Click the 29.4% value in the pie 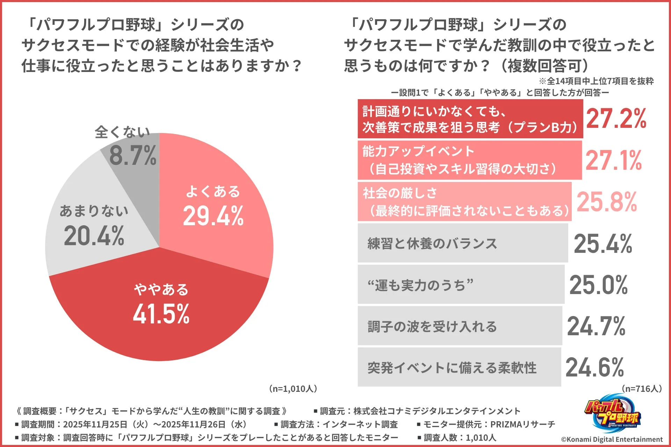click(213, 215)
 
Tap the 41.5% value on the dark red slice click(161, 314)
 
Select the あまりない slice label click(94, 211)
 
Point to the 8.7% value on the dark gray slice click(133, 155)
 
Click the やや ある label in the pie click(161, 290)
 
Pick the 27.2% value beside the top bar click(616, 118)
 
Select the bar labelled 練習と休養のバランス click(462, 243)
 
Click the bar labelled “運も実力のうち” click(461, 285)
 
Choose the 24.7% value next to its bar click(596, 326)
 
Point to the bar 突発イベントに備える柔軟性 click(459, 367)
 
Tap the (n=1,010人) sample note click(293, 389)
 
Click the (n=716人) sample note click(642, 389)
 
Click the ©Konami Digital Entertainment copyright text click(612, 439)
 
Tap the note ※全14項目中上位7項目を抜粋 click(596, 81)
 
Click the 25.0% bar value click(599, 285)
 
